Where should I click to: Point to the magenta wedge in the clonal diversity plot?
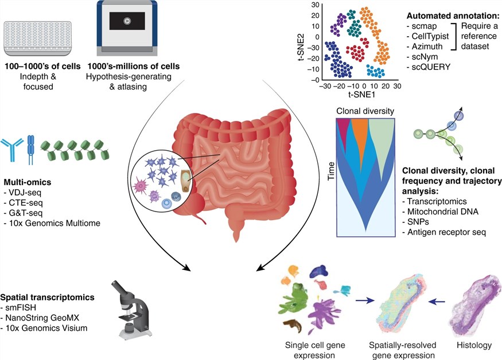tap(343, 127)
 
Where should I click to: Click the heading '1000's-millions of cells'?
tap(133, 66)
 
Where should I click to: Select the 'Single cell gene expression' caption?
tap(310, 350)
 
